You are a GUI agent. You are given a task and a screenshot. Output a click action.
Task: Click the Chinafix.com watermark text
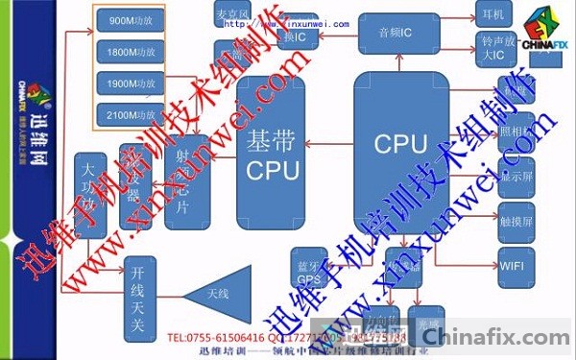(497, 336)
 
